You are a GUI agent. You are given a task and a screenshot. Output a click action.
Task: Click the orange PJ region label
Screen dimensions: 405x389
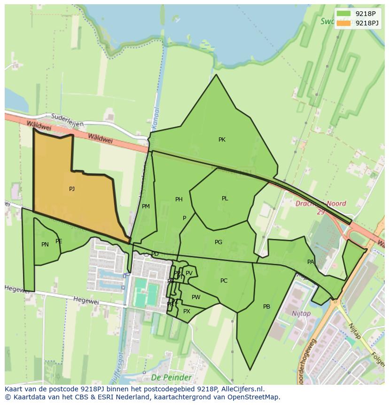click(72, 189)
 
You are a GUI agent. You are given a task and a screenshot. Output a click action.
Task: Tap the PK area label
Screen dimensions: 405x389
click(222, 140)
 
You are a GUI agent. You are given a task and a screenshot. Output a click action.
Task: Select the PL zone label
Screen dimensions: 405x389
click(225, 199)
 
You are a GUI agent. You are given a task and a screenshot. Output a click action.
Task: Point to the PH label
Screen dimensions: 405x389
click(179, 199)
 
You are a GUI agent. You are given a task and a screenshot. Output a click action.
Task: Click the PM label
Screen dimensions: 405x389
click(146, 206)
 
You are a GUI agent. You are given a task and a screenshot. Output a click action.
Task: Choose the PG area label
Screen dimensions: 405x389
click(218, 242)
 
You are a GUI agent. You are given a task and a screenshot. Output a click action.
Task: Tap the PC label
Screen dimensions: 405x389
click(224, 281)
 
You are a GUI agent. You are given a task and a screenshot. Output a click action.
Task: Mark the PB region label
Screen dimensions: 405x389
click(266, 307)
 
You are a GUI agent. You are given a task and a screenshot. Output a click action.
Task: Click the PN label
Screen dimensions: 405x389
click(45, 245)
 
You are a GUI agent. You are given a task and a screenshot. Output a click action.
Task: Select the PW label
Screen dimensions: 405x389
click(196, 297)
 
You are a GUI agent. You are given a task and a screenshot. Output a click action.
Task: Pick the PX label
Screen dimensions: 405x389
click(187, 311)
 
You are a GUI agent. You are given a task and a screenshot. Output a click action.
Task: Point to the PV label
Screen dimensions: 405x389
click(189, 273)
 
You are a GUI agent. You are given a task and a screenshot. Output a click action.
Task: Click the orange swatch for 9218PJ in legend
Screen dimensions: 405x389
click(343, 23)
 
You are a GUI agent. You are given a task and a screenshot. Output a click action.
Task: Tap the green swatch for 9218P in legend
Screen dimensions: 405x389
click(343, 14)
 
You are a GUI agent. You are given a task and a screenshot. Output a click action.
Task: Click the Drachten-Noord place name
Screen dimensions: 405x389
click(321, 204)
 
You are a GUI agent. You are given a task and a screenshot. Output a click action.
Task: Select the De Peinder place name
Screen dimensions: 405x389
click(171, 378)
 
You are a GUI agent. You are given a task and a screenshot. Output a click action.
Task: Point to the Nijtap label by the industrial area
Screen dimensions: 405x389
click(301, 314)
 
